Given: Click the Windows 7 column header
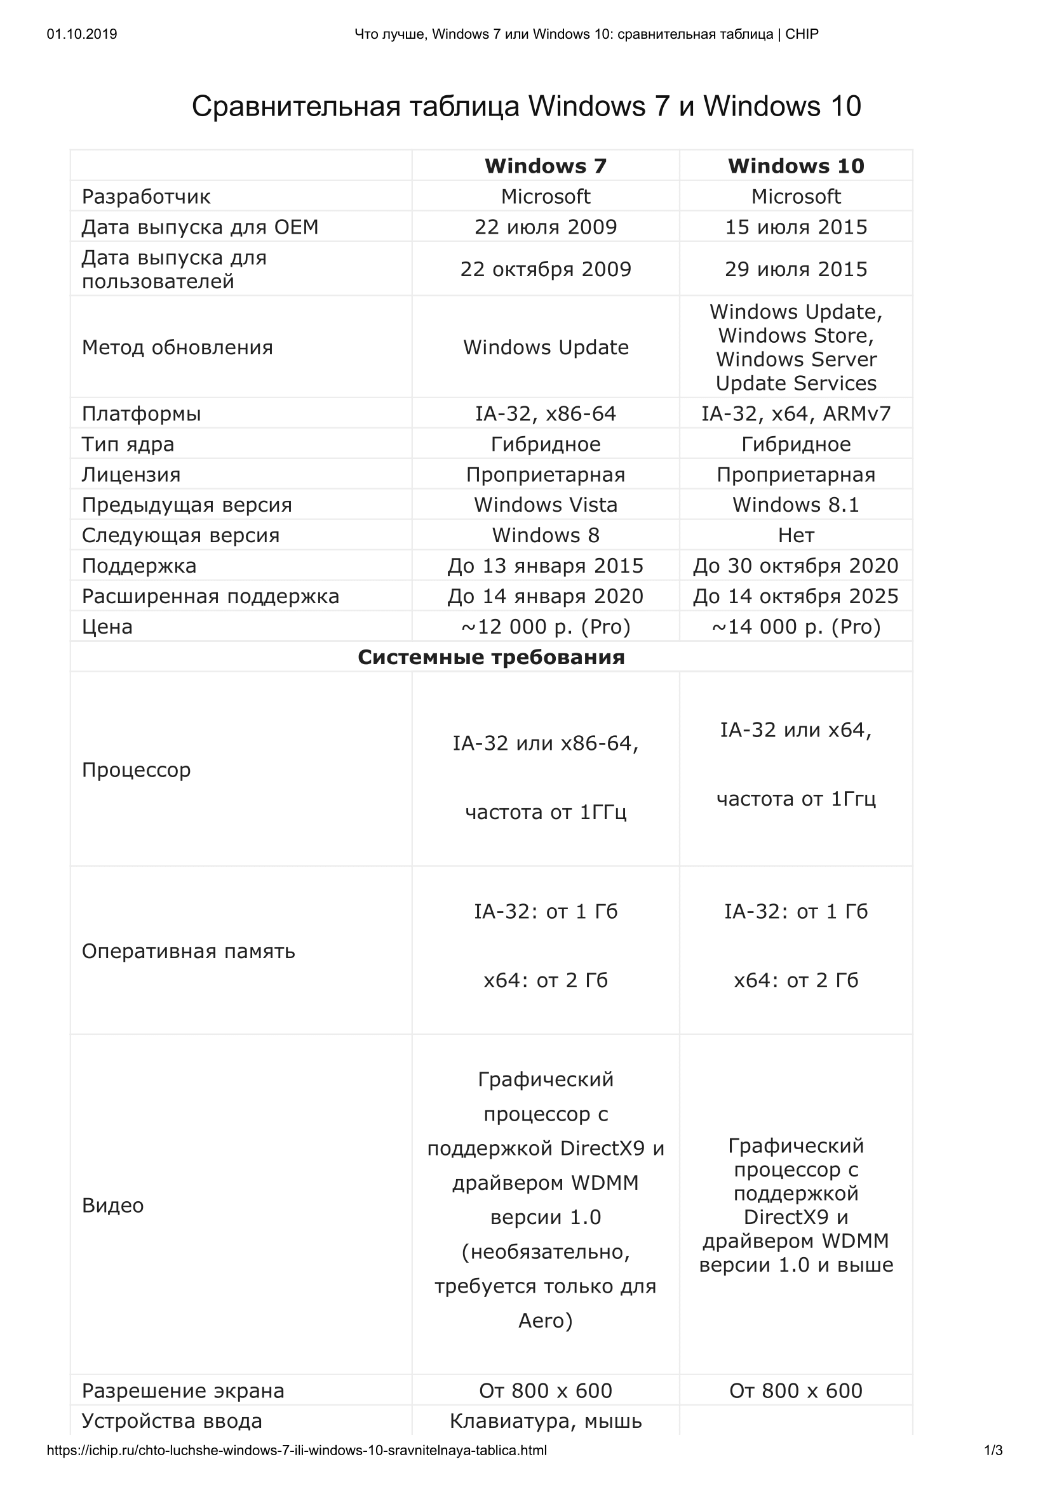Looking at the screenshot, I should tap(546, 166).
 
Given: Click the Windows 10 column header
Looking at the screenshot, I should tap(796, 166).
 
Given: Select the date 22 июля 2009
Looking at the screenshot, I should tap(546, 227).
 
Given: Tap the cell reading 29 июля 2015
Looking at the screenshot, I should tap(796, 269).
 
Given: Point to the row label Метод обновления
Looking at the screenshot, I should tap(177, 347).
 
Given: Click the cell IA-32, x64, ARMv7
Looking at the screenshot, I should tap(796, 413).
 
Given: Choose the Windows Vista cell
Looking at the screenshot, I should tap(546, 505).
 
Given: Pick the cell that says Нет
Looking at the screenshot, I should tap(796, 535).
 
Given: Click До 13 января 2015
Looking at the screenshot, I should tap(546, 566).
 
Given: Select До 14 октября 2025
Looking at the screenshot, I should tap(796, 596).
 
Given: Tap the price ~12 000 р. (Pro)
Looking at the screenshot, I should tap(546, 627).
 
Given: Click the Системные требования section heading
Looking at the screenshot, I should tap(491, 657).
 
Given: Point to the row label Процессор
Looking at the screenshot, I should tap(137, 769).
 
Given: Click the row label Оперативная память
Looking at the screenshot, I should tap(188, 951).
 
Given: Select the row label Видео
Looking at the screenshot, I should tap(112, 1205).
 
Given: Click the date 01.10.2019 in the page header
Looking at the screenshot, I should tap(82, 34).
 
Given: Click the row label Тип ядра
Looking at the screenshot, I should tap(128, 444).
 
